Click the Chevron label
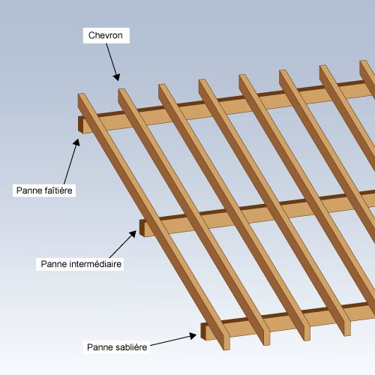point(105,35)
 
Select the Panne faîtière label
point(44,190)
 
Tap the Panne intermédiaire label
point(81,264)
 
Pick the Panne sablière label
point(117,347)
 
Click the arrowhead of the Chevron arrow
point(117,77)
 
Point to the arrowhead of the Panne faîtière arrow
point(77,142)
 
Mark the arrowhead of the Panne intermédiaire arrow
point(133,234)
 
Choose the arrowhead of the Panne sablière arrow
point(193,335)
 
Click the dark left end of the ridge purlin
point(80,124)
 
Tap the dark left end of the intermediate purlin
point(142,228)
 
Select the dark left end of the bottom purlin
point(203,331)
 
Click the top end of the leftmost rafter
point(82,94)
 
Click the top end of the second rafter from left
point(122,90)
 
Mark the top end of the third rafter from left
point(162,85)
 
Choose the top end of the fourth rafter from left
point(202,80)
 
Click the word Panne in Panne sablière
point(98,347)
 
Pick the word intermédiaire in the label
point(95,264)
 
